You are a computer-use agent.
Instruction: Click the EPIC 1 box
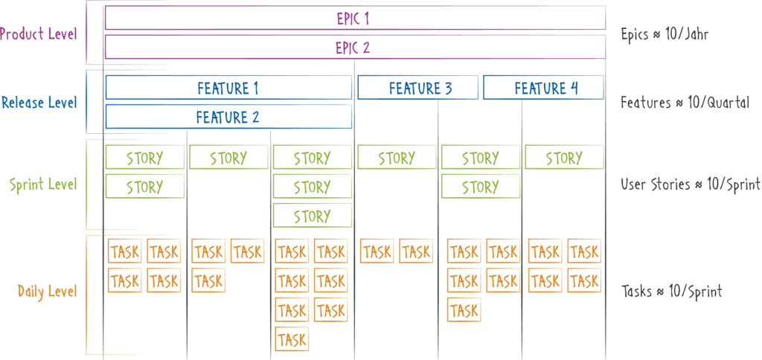coord(355,19)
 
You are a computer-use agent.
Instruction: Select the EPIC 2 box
coord(355,47)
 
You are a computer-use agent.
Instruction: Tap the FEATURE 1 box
coord(228,88)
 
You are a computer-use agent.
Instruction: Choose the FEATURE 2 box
coord(228,117)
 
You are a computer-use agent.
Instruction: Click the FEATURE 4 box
coord(543,88)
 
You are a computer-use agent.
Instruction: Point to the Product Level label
coord(39,34)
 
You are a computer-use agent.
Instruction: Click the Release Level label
coord(39,103)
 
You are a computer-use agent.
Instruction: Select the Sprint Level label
coord(43,185)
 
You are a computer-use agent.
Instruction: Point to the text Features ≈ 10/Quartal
coord(685,103)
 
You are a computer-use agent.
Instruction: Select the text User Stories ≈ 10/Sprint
coord(691,185)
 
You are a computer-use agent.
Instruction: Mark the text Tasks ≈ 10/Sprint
coord(672,291)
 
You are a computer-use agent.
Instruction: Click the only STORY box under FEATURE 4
coord(564,157)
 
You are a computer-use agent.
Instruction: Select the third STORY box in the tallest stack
coord(313,215)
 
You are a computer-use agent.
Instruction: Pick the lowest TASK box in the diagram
coord(292,338)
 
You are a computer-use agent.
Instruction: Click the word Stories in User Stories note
coord(670,185)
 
